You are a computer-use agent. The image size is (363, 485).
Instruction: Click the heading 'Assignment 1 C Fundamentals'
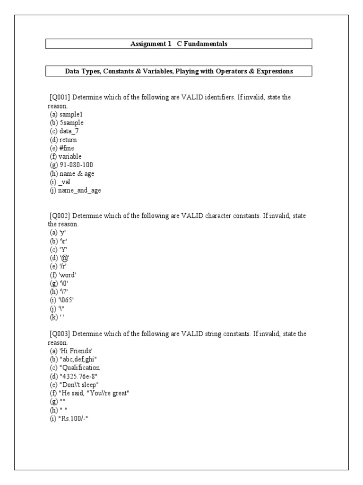[179, 44]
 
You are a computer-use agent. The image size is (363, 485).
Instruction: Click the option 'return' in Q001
[68, 140]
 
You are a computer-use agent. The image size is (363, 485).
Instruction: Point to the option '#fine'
[67, 148]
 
